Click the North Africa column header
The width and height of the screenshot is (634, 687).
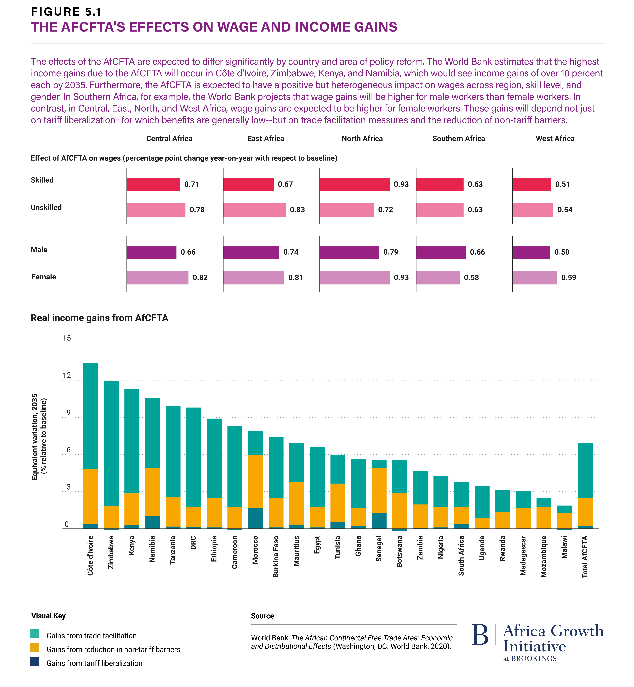pyautogui.click(x=362, y=138)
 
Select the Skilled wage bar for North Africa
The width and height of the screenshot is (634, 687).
pyautogui.click(x=354, y=184)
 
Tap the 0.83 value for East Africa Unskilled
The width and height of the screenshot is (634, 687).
pyautogui.click(x=297, y=210)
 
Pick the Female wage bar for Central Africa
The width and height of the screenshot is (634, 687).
pyautogui.click(x=157, y=278)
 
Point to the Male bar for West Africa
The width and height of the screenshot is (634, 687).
pyautogui.click(x=531, y=252)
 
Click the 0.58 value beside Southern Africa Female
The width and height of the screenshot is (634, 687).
pyautogui.click(x=471, y=278)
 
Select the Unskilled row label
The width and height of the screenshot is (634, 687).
pyautogui.click(x=46, y=207)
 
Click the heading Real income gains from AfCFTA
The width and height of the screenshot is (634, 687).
pyautogui.click(x=100, y=318)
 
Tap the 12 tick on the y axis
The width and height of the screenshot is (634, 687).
pyautogui.click(x=67, y=375)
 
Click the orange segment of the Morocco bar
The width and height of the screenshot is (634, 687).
pyautogui.click(x=255, y=482)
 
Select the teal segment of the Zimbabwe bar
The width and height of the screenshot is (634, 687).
pyautogui.click(x=111, y=443)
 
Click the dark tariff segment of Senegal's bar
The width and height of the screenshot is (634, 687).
pyautogui.click(x=379, y=521)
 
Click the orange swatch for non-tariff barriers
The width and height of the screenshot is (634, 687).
pyautogui.click(x=35, y=647)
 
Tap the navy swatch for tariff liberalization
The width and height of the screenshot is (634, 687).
pyautogui.click(x=35, y=661)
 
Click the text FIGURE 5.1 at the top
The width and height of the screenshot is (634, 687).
pyautogui.click(x=66, y=12)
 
